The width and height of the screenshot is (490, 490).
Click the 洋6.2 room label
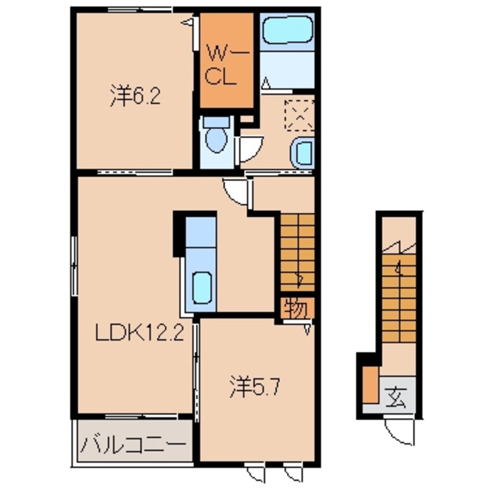click(x=134, y=97)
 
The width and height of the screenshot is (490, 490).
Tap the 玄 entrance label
click(x=397, y=399)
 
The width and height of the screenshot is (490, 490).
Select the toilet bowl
click(x=215, y=139)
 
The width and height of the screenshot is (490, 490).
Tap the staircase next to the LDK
click(x=298, y=253)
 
